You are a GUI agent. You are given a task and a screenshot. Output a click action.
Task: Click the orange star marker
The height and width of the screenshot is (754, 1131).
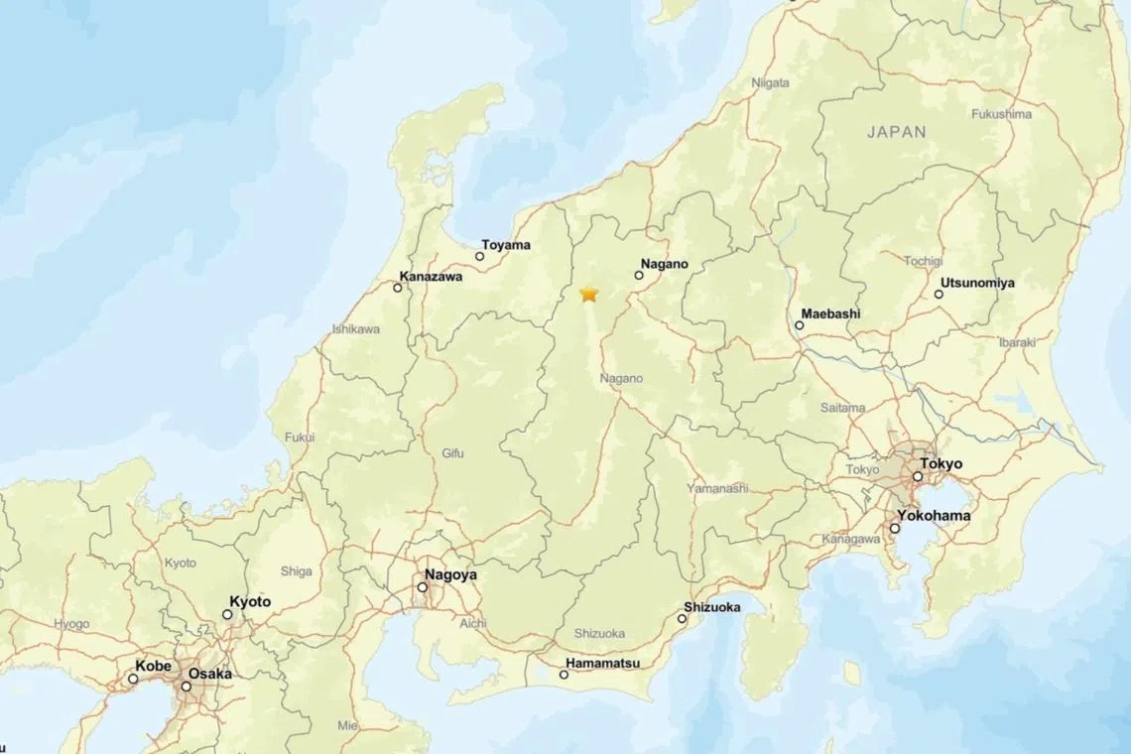(589, 294)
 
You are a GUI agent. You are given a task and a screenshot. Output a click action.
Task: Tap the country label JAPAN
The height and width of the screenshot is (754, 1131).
(896, 131)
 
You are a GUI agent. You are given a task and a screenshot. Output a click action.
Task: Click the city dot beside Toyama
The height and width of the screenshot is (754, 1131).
(480, 256)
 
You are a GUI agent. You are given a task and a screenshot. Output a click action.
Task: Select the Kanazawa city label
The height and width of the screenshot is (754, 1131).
(431, 277)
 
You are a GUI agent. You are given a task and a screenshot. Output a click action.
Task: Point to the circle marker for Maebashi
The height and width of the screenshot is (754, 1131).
(799, 325)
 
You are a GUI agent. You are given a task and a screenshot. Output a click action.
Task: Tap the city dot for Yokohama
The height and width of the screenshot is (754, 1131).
(895, 528)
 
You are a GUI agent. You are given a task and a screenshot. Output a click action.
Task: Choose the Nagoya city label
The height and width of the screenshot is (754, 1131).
(450, 574)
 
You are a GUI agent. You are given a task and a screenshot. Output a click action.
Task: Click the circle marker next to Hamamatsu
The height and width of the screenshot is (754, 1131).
(565, 675)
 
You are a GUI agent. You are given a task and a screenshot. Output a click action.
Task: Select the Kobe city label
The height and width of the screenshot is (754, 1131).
(153, 666)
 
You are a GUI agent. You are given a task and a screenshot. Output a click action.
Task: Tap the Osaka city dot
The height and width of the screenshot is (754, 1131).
(186, 687)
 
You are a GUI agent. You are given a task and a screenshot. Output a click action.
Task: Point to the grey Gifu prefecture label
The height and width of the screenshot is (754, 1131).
(452, 453)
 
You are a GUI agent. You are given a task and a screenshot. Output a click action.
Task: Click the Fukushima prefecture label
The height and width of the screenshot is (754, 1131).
(1001, 114)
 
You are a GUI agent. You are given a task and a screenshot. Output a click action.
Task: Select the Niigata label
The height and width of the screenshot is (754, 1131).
(771, 83)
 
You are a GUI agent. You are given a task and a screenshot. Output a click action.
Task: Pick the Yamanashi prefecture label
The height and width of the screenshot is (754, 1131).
(717, 488)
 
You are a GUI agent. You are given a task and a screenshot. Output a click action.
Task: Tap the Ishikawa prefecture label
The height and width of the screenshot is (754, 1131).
(355, 329)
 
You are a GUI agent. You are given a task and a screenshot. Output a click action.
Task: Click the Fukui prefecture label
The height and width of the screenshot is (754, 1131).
(300, 437)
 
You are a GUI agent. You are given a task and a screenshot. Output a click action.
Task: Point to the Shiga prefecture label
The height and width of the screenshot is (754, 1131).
(297, 571)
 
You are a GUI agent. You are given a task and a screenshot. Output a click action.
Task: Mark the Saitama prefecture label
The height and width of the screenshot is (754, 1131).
(842, 408)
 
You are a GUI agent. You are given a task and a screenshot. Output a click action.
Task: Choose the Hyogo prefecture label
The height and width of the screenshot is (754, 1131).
(71, 624)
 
